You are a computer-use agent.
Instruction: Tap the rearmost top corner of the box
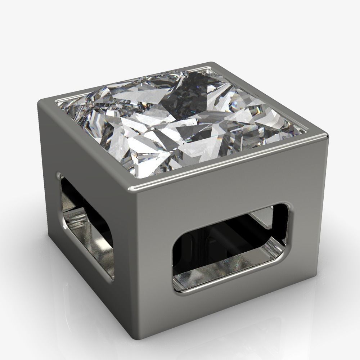pos(212,64)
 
